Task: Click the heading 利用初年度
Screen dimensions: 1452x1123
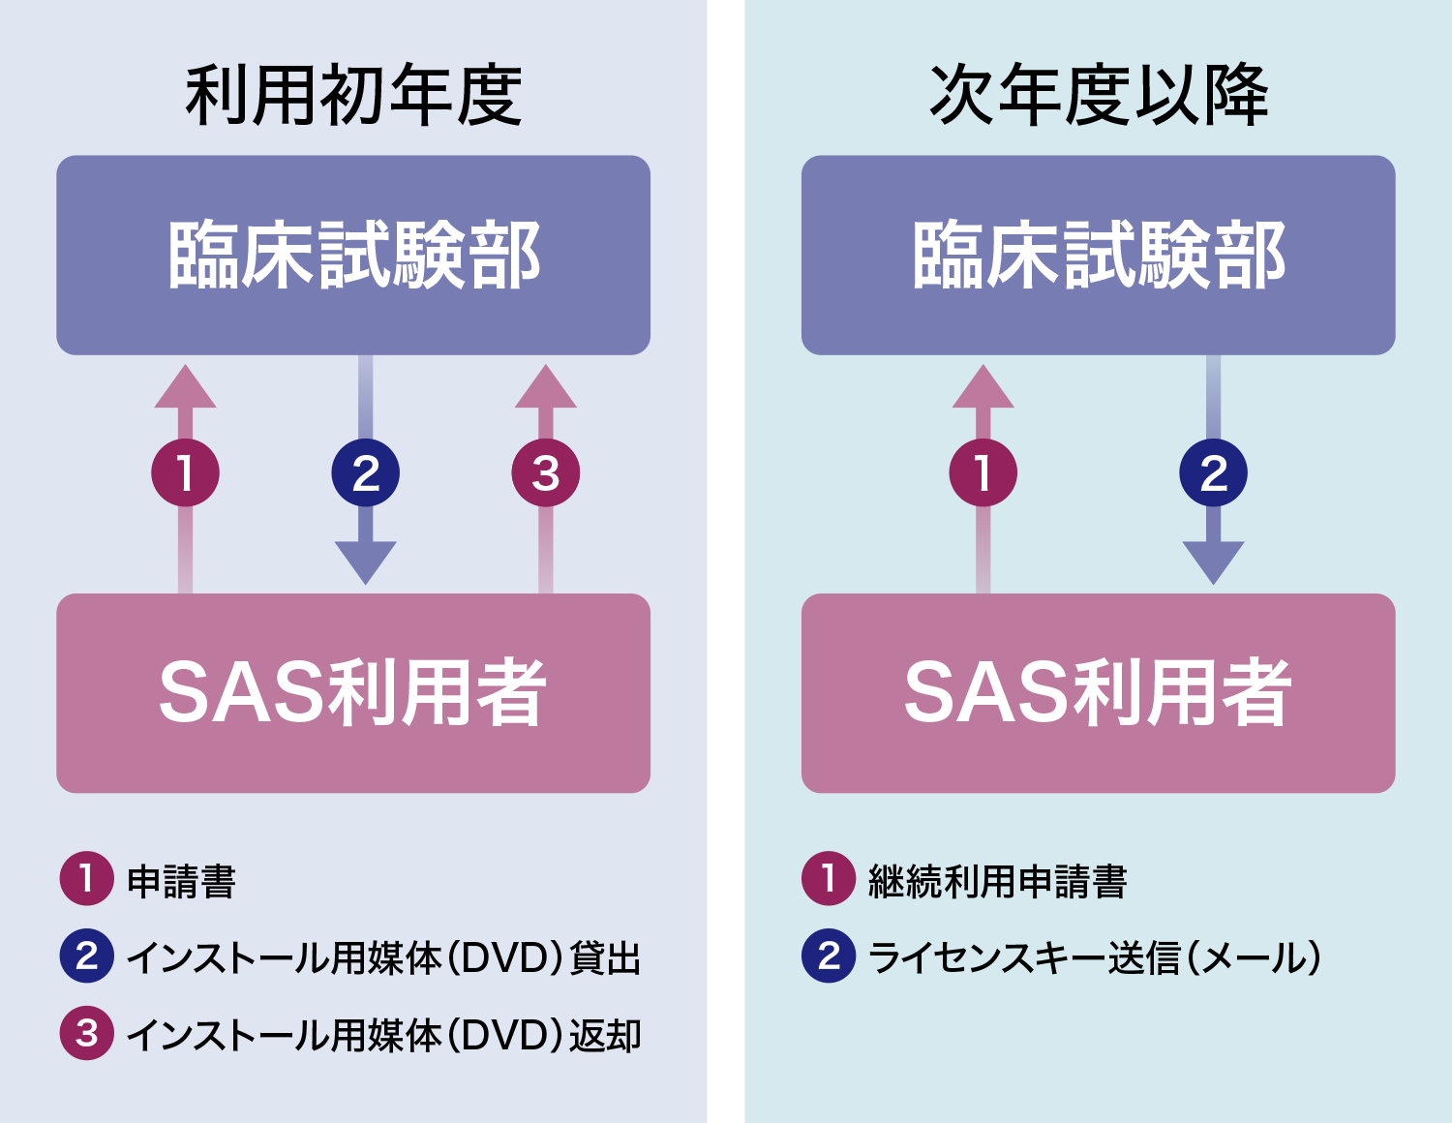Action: click(352, 95)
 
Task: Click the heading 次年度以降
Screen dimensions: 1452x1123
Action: click(1099, 95)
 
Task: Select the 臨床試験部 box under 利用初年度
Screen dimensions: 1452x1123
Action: click(352, 256)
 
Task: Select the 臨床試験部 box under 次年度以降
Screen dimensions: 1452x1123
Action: click(1098, 256)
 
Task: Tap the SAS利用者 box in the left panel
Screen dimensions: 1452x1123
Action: click(352, 693)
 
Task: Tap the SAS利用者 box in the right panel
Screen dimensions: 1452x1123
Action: click(1098, 693)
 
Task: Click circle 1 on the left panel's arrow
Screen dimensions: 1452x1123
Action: click(185, 472)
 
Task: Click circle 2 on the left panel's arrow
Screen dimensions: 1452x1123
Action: click(366, 472)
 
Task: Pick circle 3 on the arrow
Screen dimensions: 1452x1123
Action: click(545, 472)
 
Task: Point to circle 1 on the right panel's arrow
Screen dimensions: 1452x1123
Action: click(983, 472)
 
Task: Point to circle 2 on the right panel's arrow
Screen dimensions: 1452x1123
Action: click(1214, 472)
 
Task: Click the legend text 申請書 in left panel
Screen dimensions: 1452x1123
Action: click(181, 881)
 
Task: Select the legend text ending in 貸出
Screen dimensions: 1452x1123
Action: click(383, 957)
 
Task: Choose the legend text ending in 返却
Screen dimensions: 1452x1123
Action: click(383, 1035)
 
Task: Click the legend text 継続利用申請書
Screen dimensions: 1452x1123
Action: click(997, 881)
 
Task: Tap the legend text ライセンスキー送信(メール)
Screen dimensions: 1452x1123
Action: click(1095, 957)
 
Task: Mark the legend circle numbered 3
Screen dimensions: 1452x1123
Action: click(87, 1033)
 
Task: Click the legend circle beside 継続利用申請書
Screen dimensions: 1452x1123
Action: click(829, 878)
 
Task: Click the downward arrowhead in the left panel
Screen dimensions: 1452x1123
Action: click(366, 562)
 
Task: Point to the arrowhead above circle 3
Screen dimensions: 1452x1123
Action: click(545, 386)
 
